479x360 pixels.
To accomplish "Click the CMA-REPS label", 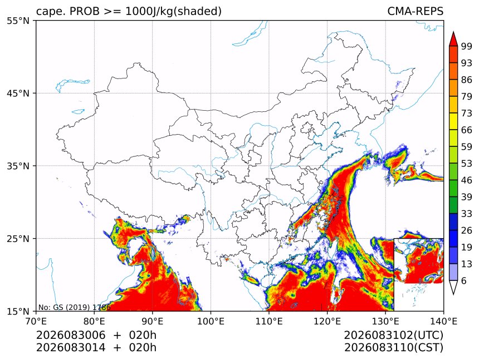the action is (415, 11).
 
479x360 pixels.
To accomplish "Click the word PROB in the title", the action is (85, 11).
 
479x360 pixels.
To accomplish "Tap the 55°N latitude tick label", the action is (18, 21).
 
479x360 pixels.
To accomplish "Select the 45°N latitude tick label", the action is (18, 93).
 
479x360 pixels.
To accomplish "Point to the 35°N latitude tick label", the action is (18, 166).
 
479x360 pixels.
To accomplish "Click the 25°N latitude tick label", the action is (18, 238).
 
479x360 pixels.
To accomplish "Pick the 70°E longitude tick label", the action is (36, 321).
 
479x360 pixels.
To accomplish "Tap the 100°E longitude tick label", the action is (211, 321).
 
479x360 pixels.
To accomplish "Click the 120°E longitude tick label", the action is (327, 321).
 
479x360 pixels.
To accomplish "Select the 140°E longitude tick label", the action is (443, 321).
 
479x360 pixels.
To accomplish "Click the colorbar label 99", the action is (467, 46).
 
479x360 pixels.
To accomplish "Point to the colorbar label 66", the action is (467, 130).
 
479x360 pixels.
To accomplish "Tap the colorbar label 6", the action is (464, 280).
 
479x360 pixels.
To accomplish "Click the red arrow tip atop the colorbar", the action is (453, 32).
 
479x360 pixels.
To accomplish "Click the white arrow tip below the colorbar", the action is (453, 294).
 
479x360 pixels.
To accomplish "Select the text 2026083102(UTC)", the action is (393, 335).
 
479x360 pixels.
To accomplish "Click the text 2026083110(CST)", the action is (393, 348).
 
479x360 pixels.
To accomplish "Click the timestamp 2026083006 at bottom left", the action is (71, 335).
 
